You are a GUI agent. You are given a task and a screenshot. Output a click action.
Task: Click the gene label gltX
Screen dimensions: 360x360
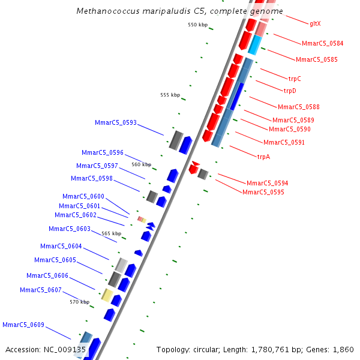315,23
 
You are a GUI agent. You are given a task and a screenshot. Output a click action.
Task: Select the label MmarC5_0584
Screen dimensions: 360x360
322,43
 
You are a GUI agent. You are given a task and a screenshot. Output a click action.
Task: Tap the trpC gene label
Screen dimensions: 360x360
295,79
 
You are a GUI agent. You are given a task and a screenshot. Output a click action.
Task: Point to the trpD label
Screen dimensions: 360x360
290,91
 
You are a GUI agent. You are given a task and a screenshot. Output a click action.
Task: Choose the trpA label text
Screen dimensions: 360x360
263,157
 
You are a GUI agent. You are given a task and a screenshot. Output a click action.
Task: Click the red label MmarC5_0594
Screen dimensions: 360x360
267,183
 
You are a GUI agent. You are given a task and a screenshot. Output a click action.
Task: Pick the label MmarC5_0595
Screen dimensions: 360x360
263,192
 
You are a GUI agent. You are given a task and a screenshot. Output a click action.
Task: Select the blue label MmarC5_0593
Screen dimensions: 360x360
116,122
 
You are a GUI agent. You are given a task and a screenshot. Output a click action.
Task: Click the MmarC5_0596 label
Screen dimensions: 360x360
103,152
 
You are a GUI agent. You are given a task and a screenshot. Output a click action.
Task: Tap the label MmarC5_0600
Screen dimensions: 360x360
83,196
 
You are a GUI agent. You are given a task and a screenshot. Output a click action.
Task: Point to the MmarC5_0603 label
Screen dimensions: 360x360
70,229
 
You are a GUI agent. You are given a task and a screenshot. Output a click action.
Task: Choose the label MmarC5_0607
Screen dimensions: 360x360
41,290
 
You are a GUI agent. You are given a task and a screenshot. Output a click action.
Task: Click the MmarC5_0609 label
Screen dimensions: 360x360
23,325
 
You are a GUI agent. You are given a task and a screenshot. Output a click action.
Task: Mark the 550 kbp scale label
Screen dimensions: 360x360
197,25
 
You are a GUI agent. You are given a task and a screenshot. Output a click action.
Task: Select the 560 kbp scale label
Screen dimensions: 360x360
142,164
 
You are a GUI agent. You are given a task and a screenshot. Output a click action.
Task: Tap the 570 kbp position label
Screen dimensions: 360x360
79,302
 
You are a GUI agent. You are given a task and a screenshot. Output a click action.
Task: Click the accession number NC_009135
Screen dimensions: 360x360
65,349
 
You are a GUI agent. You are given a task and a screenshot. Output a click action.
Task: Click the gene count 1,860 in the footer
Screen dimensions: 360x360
343,349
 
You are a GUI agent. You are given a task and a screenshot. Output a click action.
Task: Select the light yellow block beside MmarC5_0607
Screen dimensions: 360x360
107,295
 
